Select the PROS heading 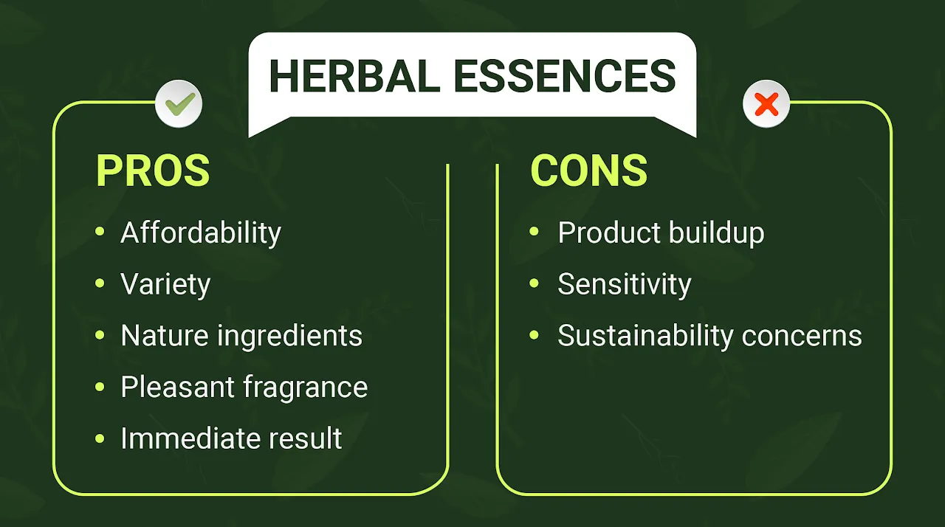[x=153, y=170]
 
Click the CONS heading [x=588, y=170]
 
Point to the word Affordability [x=201, y=233]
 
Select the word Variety [x=165, y=285]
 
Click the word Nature [x=165, y=336]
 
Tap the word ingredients [x=289, y=337]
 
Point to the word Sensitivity [x=624, y=285]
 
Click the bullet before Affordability [x=100, y=233]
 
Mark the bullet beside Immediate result [x=100, y=438]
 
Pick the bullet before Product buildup [x=535, y=233]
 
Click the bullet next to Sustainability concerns [x=535, y=336]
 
